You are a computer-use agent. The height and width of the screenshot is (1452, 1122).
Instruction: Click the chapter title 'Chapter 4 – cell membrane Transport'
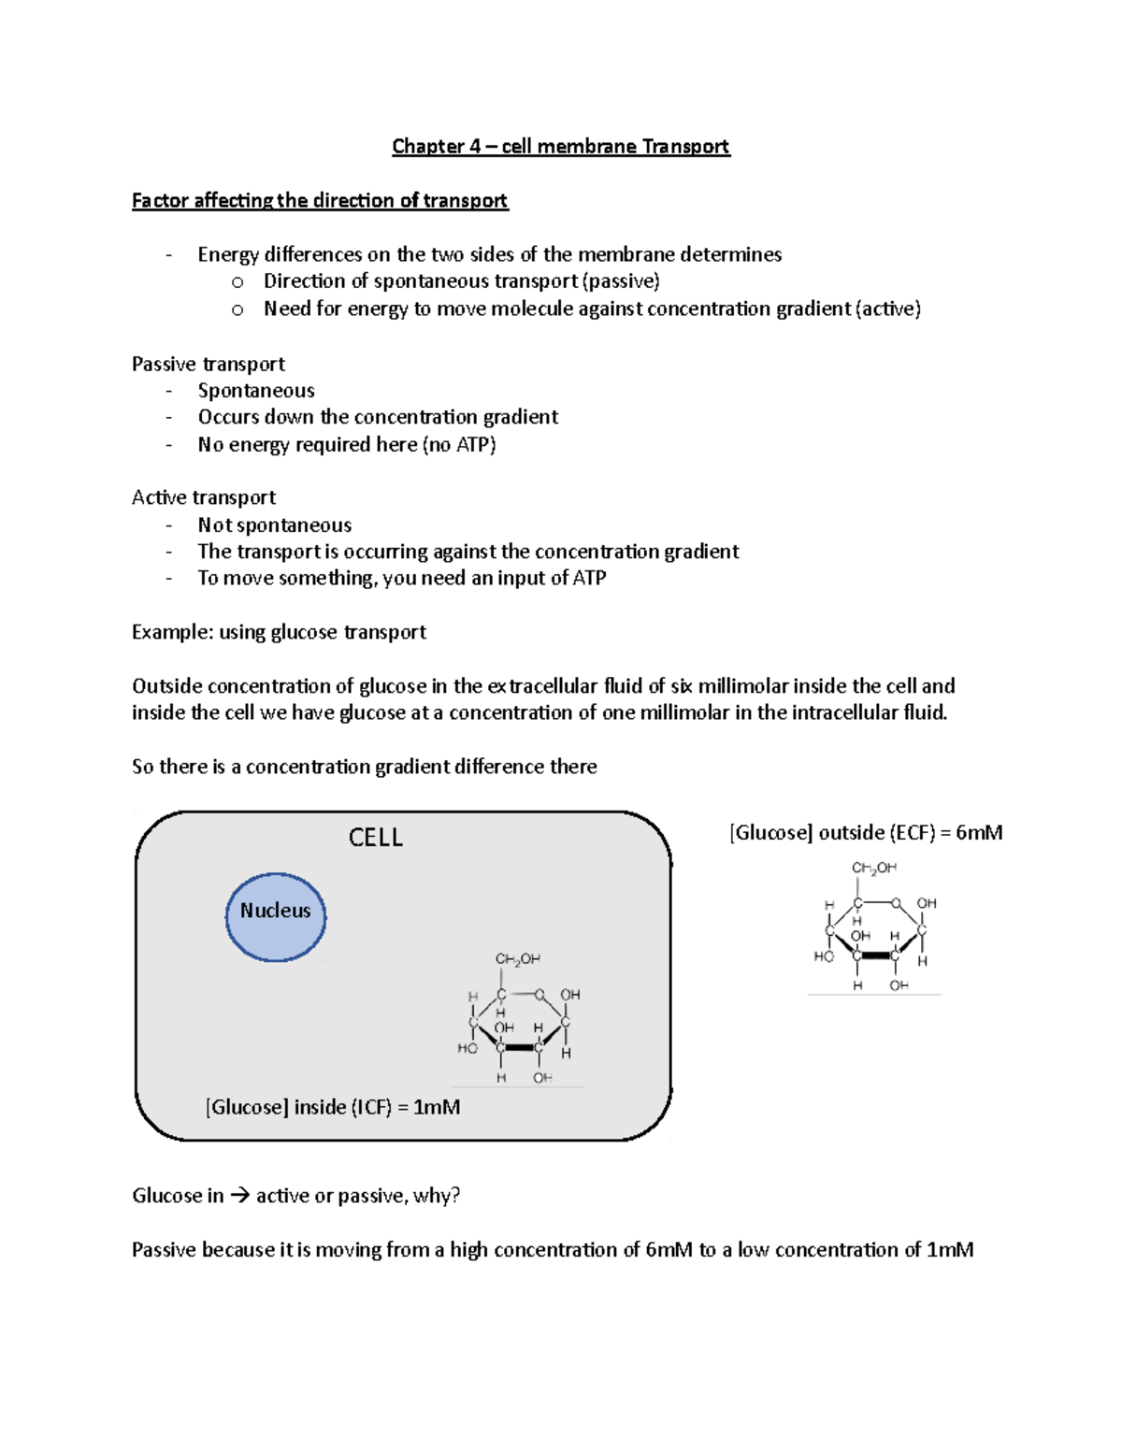pyautogui.click(x=560, y=147)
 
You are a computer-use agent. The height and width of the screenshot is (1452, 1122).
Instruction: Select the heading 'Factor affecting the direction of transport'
pyautogui.click(x=319, y=201)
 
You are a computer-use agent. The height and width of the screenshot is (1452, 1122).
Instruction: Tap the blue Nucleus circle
pyautogui.click(x=276, y=917)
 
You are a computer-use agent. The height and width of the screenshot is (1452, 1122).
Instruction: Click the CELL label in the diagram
pyautogui.click(x=375, y=837)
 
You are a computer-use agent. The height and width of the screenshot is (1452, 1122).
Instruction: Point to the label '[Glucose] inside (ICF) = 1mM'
pyautogui.click(x=333, y=1107)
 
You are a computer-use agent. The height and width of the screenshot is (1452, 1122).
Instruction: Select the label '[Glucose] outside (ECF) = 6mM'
pyautogui.click(x=865, y=832)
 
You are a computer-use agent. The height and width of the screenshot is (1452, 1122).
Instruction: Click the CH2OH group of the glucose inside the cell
pyautogui.click(x=517, y=959)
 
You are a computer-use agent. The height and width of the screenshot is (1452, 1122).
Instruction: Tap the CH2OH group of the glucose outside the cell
pyautogui.click(x=873, y=868)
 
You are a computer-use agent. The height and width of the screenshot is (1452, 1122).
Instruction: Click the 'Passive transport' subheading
pyautogui.click(x=208, y=364)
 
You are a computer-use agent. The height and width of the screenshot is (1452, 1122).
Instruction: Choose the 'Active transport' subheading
pyautogui.click(x=203, y=497)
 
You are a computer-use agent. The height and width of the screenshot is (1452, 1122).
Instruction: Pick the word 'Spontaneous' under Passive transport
pyautogui.click(x=256, y=391)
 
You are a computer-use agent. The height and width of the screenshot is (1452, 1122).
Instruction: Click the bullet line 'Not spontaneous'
pyautogui.click(x=274, y=525)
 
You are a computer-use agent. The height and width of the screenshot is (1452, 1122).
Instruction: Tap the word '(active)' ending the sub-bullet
pyautogui.click(x=888, y=309)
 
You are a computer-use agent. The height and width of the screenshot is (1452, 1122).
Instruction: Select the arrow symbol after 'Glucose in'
pyautogui.click(x=239, y=1196)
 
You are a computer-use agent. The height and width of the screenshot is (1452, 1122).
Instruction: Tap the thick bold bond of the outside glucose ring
pyautogui.click(x=875, y=956)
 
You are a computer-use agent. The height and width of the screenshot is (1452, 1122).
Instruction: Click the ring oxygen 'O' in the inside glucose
pyautogui.click(x=539, y=994)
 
